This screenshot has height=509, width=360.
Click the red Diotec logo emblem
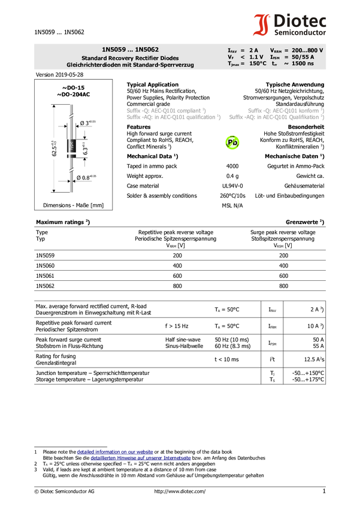[x=261, y=25]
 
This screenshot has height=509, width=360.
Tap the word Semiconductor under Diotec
[x=300, y=33]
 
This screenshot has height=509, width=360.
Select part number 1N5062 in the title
[x=147, y=50]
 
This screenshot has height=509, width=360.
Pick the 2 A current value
[x=254, y=50]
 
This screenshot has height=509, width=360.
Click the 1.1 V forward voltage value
[x=256, y=57]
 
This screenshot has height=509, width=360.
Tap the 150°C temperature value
[x=258, y=63]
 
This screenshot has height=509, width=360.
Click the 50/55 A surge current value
[x=303, y=57]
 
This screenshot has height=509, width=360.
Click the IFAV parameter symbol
[x=232, y=50]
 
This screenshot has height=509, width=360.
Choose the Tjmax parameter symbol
[x=234, y=64]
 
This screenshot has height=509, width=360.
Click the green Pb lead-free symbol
[x=232, y=143]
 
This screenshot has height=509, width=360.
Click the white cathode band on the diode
[x=71, y=153]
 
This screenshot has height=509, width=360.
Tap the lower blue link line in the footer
[x=140, y=459]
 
